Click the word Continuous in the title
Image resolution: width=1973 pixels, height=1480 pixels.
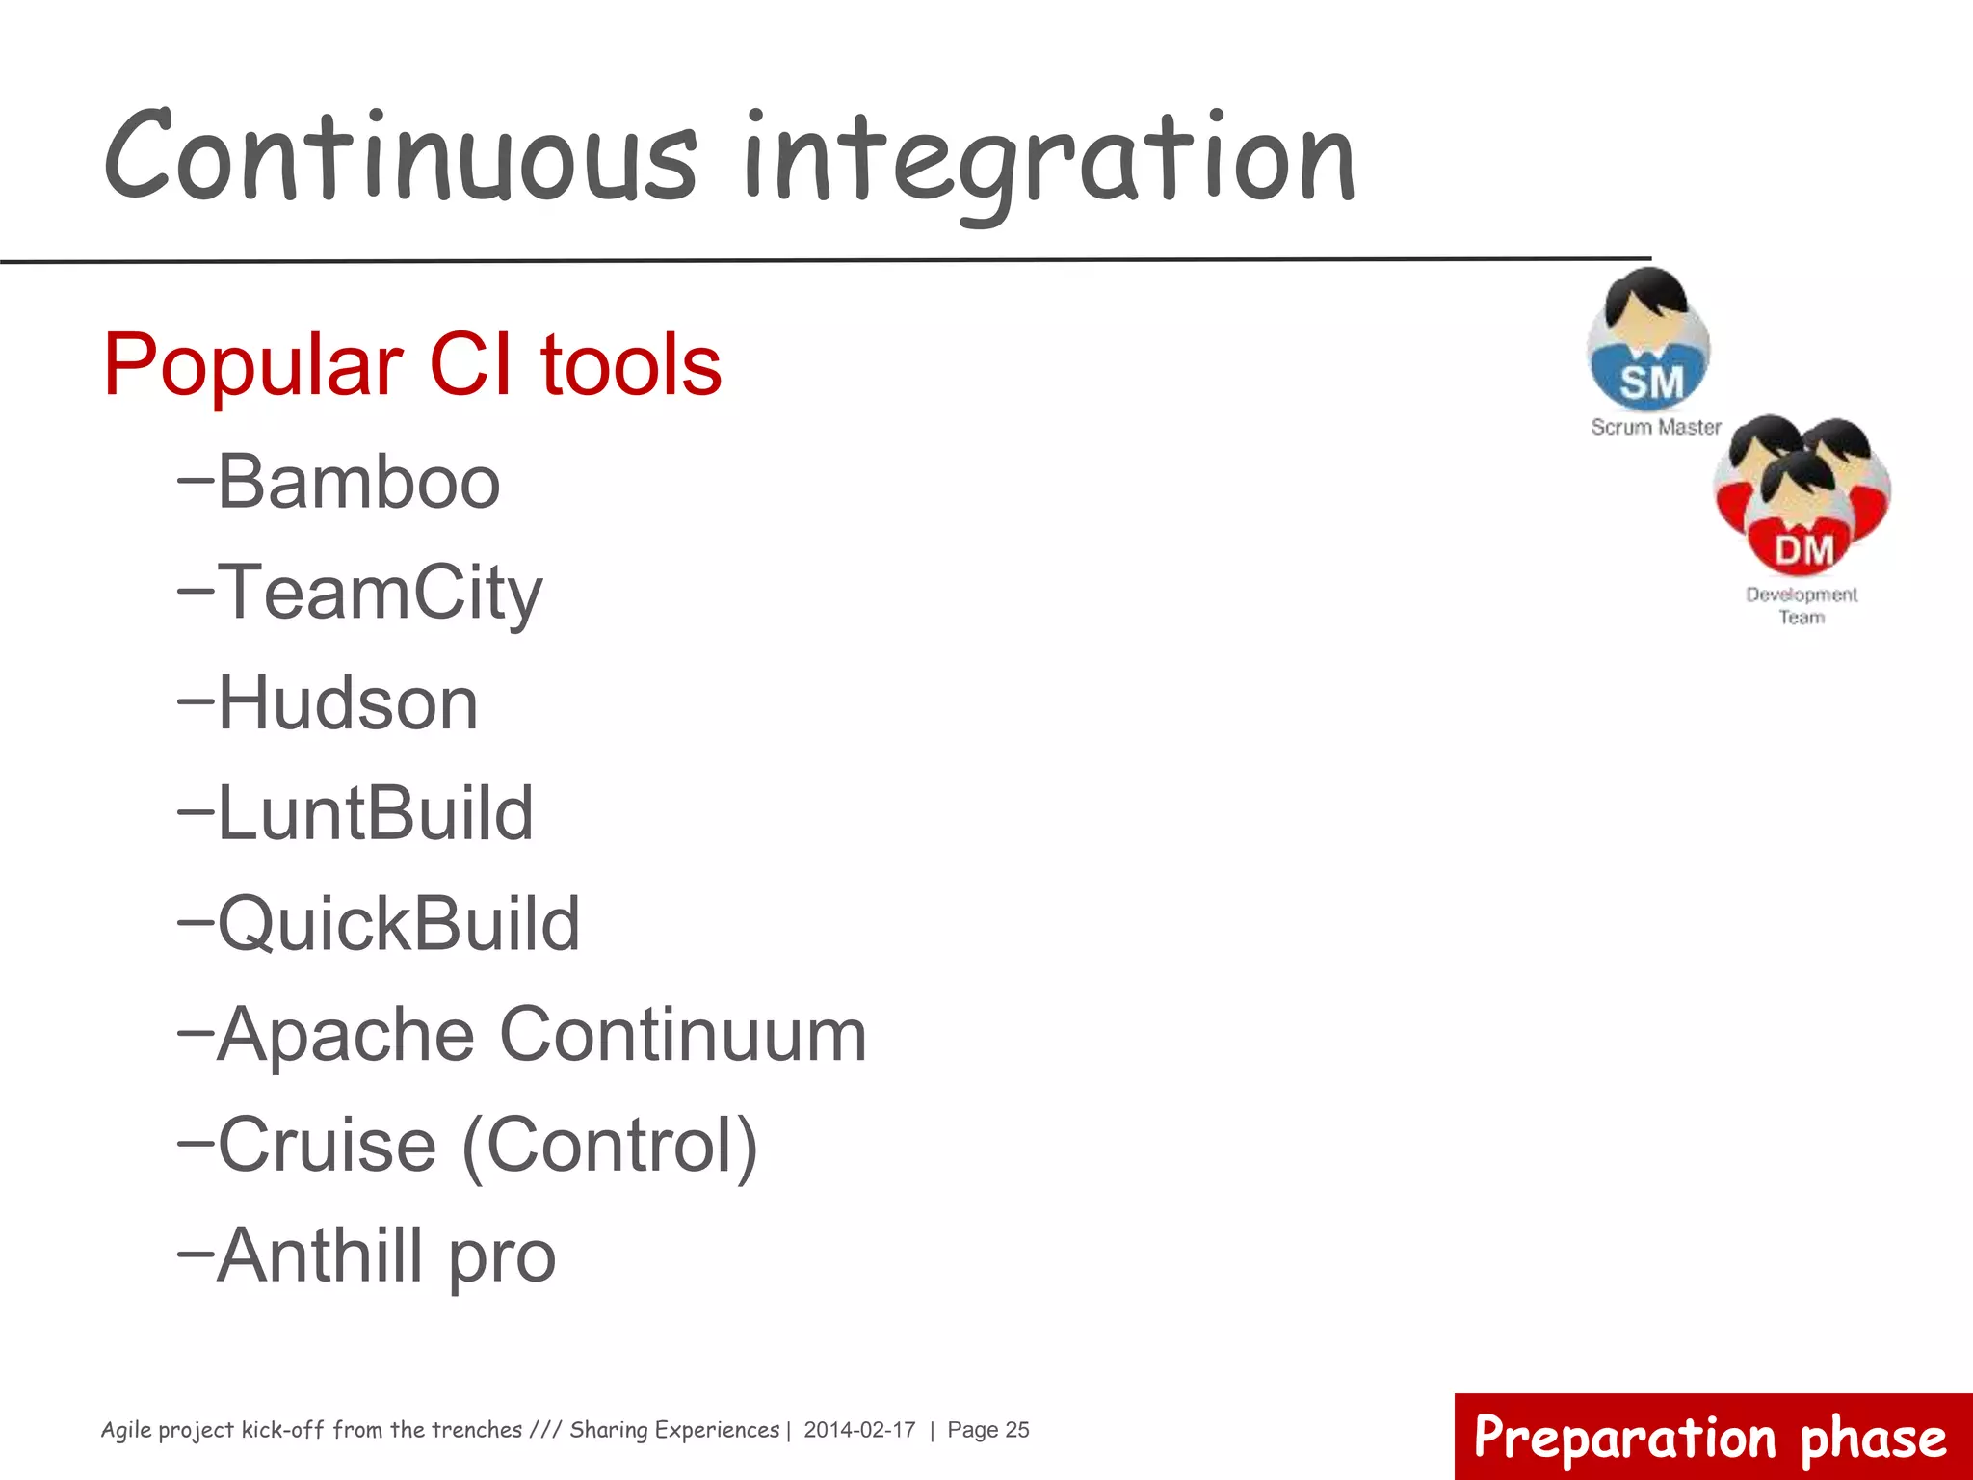point(400,159)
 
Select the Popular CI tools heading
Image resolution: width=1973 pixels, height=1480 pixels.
point(412,365)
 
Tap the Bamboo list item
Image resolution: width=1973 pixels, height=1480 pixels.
point(358,483)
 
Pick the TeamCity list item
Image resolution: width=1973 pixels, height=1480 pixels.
point(380,594)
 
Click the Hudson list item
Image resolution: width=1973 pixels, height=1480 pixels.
point(347,703)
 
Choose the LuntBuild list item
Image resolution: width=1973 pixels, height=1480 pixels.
point(375,814)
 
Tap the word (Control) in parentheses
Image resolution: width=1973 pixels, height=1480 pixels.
point(610,1147)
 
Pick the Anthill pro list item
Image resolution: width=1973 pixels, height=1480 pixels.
point(385,1256)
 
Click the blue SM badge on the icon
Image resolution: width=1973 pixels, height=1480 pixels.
point(1650,383)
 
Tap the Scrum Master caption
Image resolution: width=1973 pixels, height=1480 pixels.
point(1655,427)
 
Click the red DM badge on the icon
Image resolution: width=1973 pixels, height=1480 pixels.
point(1803,551)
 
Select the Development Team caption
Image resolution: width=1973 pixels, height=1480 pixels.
point(1802,605)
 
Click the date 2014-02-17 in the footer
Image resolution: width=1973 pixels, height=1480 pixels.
point(859,1430)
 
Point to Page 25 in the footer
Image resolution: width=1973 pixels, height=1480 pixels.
point(988,1430)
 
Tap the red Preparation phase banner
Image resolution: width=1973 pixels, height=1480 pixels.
point(1712,1437)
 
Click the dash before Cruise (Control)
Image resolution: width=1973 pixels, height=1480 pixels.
point(196,1143)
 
